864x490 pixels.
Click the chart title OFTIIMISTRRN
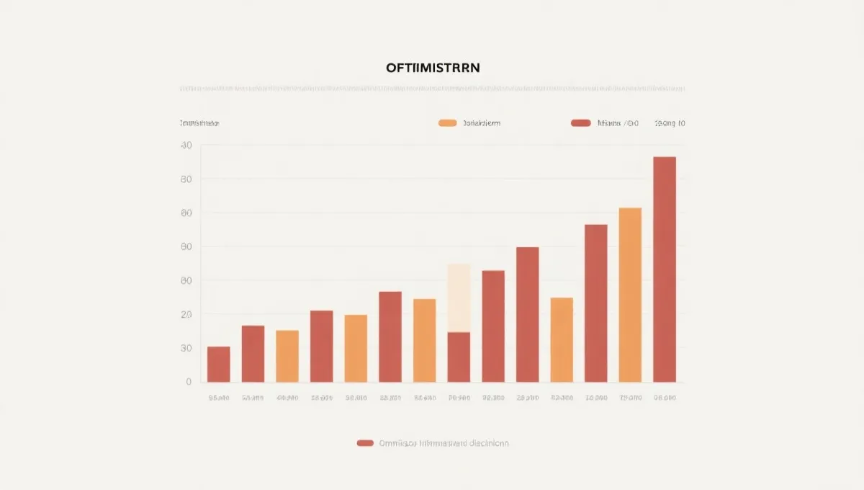tap(432, 67)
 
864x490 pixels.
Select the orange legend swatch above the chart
tap(447, 123)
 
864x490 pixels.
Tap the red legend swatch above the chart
tap(580, 123)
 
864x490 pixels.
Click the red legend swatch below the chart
tap(365, 443)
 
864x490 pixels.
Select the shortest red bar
tap(218, 364)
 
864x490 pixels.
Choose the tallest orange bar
tap(630, 295)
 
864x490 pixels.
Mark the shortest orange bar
tap(287, 356)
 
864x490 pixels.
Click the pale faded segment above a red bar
tap(459, 298)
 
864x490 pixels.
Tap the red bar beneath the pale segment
tap(459, 357)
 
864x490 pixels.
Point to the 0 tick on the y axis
tap(189, 382)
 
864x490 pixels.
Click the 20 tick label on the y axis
tap(186, 315)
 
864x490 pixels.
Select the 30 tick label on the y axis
tap(186, 348)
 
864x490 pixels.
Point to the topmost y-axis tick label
tap(186, 146)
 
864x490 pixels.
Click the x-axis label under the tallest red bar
tap(664, 398)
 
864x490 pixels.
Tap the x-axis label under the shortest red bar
tap(218, 398)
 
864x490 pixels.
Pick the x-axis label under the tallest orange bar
tap(630, 398)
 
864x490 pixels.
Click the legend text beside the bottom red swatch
tap(444, 443)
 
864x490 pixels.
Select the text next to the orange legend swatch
tap(481, 123)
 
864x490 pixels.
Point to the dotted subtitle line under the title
tap(432, 89)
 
